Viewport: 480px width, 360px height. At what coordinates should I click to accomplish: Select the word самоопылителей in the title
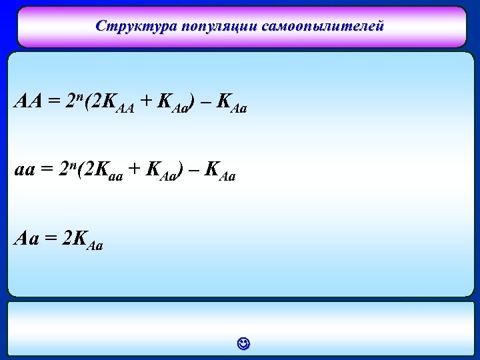tap(323, 27)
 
